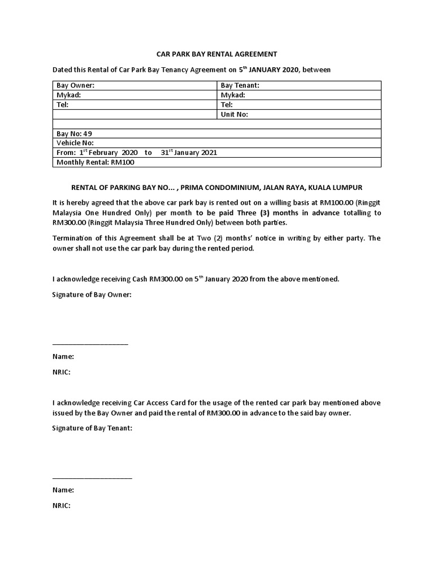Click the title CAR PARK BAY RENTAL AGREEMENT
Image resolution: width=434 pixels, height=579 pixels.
point(216,54)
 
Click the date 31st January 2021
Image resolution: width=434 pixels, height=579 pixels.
point(189,153)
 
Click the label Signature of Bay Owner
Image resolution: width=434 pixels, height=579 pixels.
point(92,295)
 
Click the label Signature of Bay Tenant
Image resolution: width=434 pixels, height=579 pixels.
point(92,428)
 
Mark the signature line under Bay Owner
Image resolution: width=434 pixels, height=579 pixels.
point(90,344)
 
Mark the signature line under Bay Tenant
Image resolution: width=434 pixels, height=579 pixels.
point(92,478)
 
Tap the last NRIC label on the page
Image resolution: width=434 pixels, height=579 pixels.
point(61,505)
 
